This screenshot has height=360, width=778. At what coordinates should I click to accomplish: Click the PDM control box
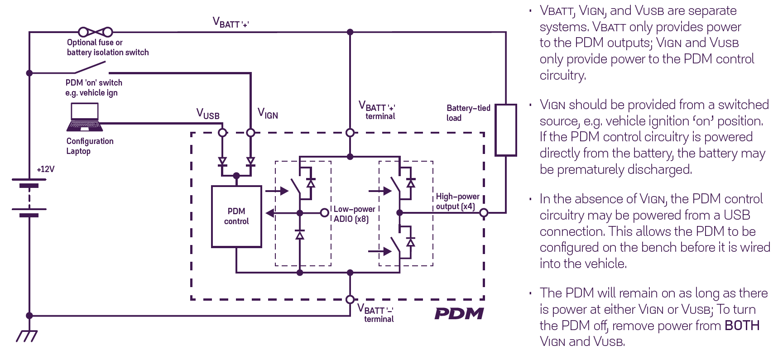pos(236,216)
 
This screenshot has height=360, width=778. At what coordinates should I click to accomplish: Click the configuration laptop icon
pos(85,117)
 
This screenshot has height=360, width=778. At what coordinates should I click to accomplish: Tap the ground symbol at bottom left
pos(27,336)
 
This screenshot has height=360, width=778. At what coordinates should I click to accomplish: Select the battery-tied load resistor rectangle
pos(505,130)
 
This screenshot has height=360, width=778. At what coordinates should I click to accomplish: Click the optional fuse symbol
pos(95,32)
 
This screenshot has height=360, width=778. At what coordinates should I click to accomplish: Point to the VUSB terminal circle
pos(222,133)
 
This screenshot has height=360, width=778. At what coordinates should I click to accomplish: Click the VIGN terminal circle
pos(250,133)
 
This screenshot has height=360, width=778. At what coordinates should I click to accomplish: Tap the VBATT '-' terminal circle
pos(350,299)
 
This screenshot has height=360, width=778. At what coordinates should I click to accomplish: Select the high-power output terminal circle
pos(484,212)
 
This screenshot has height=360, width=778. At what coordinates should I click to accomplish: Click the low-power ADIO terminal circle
pos(324,212)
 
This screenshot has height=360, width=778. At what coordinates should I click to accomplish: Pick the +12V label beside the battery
pos(46,169)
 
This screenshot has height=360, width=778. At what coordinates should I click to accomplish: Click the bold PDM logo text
pos(459,313)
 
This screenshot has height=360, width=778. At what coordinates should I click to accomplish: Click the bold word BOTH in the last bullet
pos(742,326)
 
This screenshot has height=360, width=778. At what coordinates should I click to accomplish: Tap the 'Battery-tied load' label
pos(468,113)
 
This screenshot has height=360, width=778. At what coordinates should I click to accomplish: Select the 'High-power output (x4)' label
pos(457,202)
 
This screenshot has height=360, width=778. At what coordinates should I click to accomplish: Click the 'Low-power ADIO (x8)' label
pos(354,214)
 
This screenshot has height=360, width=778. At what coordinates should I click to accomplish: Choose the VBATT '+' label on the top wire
pos(231,23)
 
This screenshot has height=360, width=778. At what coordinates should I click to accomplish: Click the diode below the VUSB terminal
pos(222,161)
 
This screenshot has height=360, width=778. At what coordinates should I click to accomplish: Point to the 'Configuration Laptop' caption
pos(90,146)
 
